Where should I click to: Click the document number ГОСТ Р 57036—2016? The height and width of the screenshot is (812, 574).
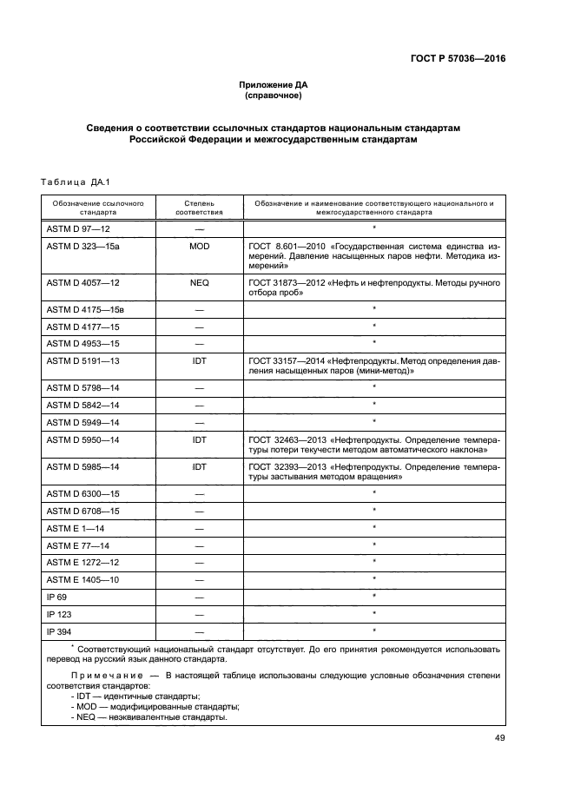tap(458, 58)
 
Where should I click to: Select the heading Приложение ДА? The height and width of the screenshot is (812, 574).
tap(274, 84)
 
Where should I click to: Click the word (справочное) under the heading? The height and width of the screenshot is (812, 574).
tap(274, 96)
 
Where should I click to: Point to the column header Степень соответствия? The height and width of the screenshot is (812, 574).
tap(199, 207)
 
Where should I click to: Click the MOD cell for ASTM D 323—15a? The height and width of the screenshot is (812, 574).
tap(199, 247)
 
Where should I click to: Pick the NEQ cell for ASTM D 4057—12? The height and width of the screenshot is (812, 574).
tap(199, 283)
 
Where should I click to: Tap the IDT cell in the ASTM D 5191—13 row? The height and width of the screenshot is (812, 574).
tap(199, 359)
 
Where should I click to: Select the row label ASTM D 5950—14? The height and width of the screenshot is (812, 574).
tap(82, 440)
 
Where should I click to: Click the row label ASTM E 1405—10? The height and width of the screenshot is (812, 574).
tap(82, 578)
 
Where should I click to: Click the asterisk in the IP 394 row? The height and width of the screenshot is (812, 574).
tap(373, 630)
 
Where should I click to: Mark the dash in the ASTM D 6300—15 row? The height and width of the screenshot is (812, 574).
tap(199, 493)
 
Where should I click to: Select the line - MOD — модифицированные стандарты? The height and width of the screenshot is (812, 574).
tap(155, 707)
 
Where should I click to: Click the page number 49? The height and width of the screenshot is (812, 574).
tap(499, 738)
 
